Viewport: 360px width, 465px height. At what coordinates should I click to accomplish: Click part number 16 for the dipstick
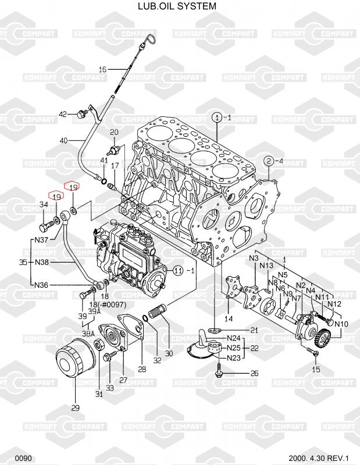(x=102, y=70)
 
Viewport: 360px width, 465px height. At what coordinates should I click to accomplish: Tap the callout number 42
(x=63, y=113)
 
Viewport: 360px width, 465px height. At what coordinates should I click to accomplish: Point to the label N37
(x=41, y=239)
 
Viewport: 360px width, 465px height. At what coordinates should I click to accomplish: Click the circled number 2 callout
(x=269, y=160)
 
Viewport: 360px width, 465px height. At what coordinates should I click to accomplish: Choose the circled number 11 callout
(x=178, y=270)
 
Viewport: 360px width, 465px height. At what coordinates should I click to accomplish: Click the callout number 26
(x=254, y=373)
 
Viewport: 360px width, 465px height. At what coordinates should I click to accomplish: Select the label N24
(x=234, y=338)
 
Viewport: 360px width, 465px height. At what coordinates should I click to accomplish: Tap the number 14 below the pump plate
(x=229, y=319)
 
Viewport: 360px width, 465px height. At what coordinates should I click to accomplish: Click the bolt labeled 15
(x=316, y=354)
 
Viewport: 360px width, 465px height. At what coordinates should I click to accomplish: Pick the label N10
(x=341, y=323)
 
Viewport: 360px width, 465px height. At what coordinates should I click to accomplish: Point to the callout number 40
(x=63, y=140)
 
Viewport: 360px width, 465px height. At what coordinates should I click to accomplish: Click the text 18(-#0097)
(x=108, y=305)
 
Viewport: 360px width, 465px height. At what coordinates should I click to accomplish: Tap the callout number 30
(x=169, y=353)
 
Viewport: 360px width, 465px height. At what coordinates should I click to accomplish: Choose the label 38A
(x=88, y=334)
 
